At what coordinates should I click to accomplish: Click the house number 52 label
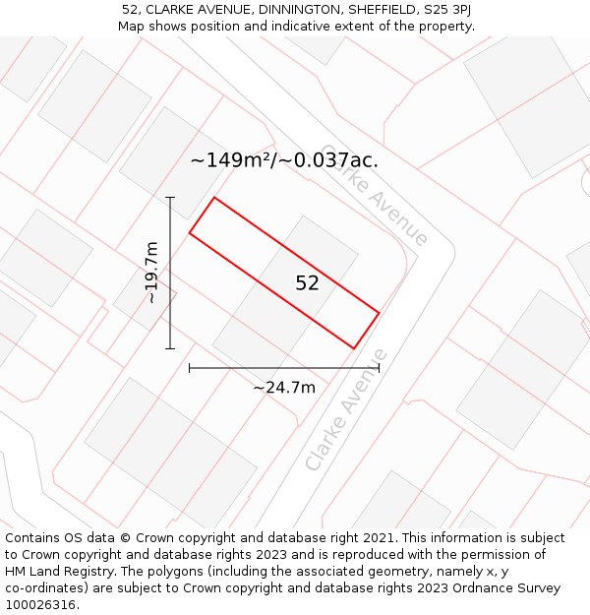[308, 283]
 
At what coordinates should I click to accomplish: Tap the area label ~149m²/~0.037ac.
[284, 160]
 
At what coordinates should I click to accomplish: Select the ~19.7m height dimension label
[152, 273]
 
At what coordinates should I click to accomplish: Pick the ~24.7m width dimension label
[284, 388]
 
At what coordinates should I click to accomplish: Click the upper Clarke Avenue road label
[376, 194]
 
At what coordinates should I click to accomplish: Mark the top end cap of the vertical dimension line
[170, 198]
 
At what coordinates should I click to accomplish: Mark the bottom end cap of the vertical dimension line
[170, 348]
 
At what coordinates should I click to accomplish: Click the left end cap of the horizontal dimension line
[189, 368]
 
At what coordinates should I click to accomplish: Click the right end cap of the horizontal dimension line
[379, 368]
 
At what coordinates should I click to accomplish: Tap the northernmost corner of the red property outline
[214, 198]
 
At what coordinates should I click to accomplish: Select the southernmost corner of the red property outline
[354, 348]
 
